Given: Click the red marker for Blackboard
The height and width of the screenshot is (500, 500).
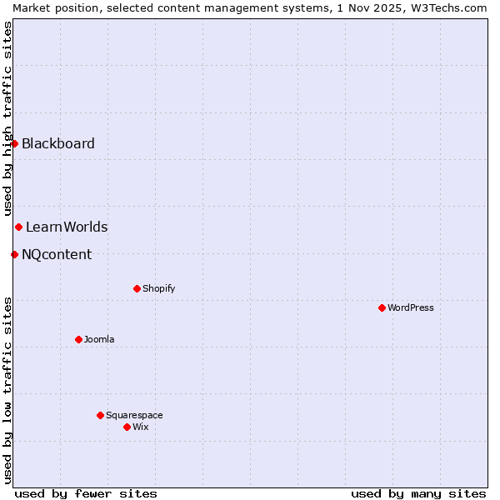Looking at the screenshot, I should [14, 143].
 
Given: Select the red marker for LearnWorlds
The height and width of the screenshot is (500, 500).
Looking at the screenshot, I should [18, 227].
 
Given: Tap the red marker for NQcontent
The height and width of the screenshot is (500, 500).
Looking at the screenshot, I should [14, 254].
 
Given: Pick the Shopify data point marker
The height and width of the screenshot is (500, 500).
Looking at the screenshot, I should [137, 288].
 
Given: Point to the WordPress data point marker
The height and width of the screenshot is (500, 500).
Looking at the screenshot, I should [382, 307].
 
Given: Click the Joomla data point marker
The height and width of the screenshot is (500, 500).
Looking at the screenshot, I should [78, 339].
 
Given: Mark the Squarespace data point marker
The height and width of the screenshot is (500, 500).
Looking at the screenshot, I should [100, 415].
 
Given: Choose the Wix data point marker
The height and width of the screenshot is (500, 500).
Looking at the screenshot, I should [127, 427].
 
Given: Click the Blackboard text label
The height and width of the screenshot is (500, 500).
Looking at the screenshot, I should [58, 143].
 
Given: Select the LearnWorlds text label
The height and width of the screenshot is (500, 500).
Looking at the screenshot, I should [67, 227].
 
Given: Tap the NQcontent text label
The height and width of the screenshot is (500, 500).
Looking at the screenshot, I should [57, 254].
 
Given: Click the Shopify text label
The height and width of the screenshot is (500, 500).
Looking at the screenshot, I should [158, 288].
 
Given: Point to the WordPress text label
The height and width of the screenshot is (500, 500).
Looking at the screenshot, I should [411, 307].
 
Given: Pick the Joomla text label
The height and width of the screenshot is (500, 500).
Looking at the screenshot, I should [99, 339].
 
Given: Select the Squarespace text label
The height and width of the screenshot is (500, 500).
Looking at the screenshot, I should [134, 415].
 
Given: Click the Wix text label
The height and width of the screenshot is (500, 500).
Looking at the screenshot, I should [141, 427].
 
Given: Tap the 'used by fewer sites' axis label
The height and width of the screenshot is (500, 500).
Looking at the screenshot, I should [86, 493].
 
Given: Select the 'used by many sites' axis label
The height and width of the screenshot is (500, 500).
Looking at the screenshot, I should [418, 493].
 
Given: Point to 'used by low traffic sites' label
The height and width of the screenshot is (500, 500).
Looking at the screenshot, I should [7, 389].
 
